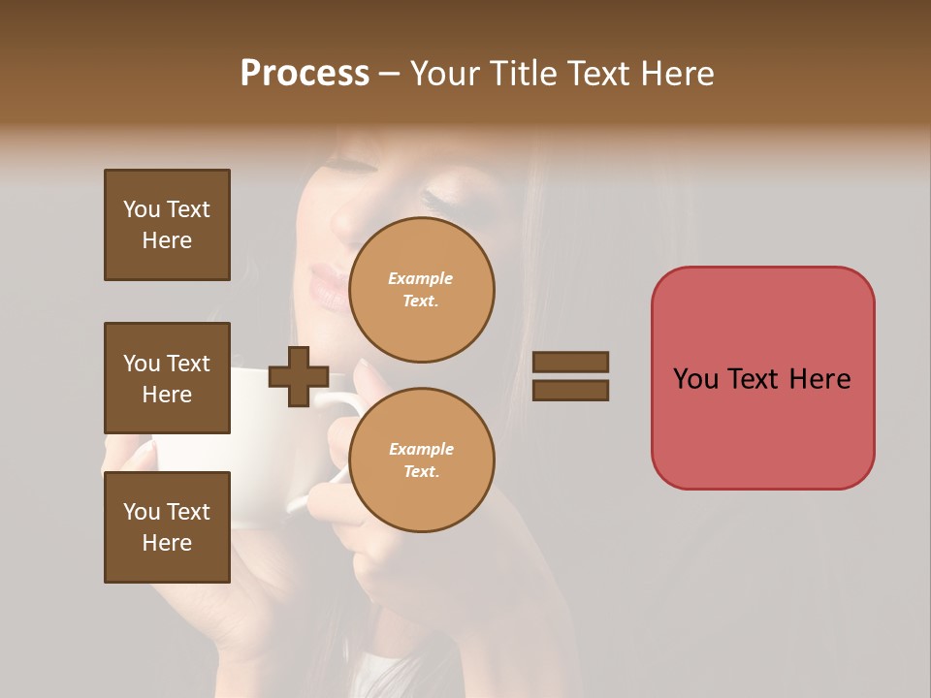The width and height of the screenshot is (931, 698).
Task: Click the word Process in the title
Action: click(x=305, y=74)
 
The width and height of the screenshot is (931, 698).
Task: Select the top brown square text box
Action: click(x=167, y=225)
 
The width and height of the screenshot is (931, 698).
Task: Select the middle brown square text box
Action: click(x=167, y=378)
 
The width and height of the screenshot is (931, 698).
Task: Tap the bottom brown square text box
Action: click(x=167, y=527)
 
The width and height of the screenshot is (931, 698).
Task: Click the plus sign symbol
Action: click(x=299, y=376)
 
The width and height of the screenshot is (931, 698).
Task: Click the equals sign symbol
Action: click(x=571, y=376)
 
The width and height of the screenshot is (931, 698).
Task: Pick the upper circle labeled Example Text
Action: click(x=421, y=290)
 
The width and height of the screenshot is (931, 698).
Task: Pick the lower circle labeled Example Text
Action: click(x=421, y=460)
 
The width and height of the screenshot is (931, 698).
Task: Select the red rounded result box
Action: click(x=762, y=378)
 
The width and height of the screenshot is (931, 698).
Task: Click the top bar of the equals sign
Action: click(x=571, y=362)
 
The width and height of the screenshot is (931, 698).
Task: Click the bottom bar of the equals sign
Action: click(x=571, y=391)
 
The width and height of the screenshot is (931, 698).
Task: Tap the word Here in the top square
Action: click(x=167, y=240)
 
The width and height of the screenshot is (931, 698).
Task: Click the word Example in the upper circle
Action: click(x=421, y=278)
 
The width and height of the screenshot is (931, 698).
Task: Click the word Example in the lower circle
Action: click(x=421, y=449)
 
